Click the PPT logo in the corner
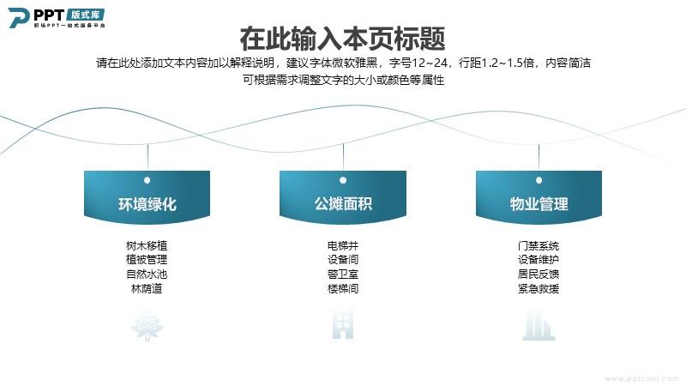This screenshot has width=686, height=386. [57, 17]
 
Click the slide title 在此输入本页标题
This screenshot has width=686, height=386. [342, 39]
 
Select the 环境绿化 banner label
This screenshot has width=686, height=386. [147, 204]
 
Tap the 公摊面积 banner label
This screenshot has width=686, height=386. [343, 203]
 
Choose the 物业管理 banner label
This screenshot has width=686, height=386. [539, 204]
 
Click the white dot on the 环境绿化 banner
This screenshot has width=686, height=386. [147, 180]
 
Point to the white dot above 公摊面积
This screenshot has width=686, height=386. [343, 180]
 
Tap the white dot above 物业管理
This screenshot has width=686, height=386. [539, 180]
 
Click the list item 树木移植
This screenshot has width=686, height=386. [147, 245]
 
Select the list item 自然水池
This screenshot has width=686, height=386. [147, 274]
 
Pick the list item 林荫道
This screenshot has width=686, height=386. [147, 289]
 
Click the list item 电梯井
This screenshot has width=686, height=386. [343, 245]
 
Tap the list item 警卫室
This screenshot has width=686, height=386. [343, 274]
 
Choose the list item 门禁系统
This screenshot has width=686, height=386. [539, 245]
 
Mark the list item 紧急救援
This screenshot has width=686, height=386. [539, 289]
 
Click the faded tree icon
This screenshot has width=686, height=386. [147, 325]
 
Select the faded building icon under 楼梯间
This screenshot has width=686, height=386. [343, 324]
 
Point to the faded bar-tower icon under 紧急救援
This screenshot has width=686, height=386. [539, 325]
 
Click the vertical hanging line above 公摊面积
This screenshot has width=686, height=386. [344, 156]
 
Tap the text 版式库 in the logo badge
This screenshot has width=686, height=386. [86, 15]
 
